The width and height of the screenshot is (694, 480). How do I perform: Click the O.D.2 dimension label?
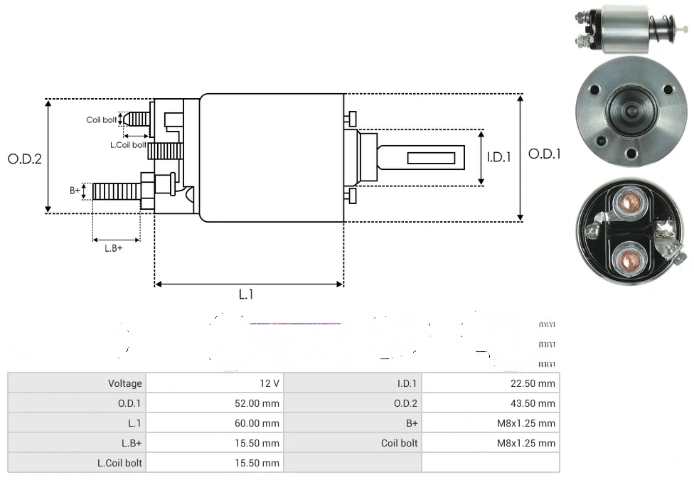(25, 159)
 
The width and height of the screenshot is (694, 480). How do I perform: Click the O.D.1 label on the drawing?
(545, 154)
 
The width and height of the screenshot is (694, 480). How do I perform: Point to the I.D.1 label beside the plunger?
(499, 157)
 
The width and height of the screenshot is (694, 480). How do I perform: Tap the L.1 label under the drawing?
(246, 294)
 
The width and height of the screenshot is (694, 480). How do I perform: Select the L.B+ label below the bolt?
(114, 248)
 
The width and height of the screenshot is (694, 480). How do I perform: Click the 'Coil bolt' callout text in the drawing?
(102, 119)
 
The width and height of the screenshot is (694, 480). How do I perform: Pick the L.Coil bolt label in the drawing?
(128, 144)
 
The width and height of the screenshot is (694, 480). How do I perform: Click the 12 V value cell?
(269, 383)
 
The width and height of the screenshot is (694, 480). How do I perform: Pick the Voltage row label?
(125, 383)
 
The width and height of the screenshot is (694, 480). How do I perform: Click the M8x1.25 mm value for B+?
(526, 423)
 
